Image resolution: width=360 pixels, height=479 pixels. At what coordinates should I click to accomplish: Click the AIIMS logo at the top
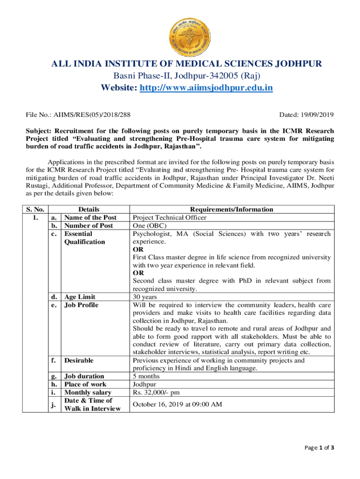coord(180,30)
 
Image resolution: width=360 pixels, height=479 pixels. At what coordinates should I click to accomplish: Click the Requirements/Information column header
coord(231,210)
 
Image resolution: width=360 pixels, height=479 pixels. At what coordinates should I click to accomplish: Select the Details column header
coord(88,210)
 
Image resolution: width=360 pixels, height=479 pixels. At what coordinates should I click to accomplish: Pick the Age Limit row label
coord(79,297)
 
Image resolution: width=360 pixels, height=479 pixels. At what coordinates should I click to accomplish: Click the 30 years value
coord(145,297)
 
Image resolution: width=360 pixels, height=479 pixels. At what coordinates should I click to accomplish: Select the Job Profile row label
coord(81,305)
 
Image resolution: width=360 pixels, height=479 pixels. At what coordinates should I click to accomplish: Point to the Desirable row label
coord(79,360)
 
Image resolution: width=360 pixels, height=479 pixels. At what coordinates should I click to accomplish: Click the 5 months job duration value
coord(146,376)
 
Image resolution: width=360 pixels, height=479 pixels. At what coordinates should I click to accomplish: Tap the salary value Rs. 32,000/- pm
coord(157,392)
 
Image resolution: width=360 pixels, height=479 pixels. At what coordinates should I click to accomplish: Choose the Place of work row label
coord(85,385)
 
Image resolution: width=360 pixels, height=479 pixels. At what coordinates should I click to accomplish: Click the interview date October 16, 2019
coord(177,404)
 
